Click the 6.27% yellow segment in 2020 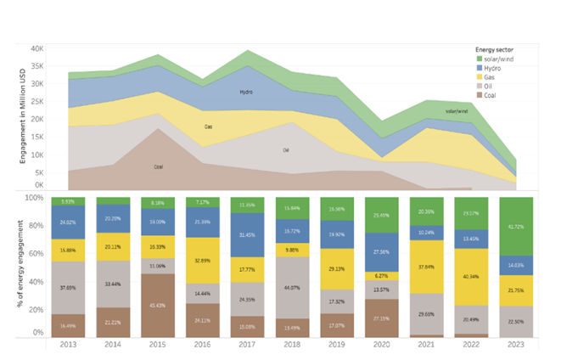coord(379,275)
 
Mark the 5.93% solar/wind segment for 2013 coord(67,201)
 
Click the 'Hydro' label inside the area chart coord(246,92)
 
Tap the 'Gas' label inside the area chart coord(208,127)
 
